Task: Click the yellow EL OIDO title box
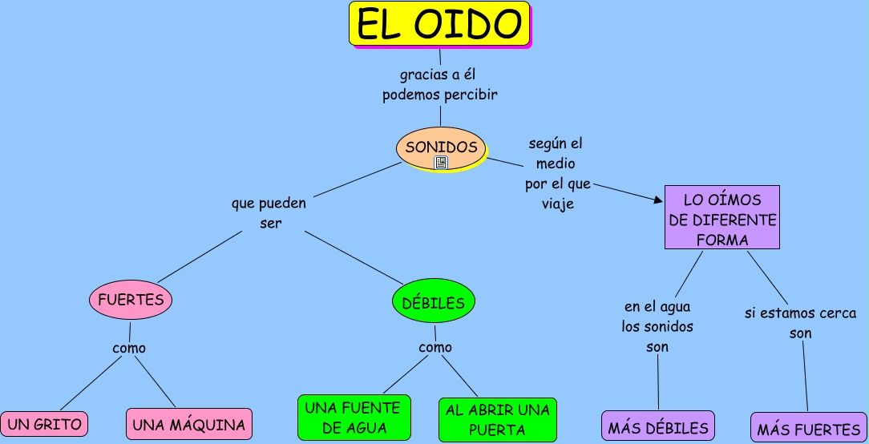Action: [439, 23]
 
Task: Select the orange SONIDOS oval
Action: [441, 147]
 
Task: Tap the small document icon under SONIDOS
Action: [441, 163]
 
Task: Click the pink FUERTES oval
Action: [131, 301]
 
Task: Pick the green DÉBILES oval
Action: [434, 303]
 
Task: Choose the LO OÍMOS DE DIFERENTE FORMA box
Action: [722, 218]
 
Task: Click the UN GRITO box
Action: [44, 425]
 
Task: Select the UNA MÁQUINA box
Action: [189, 425]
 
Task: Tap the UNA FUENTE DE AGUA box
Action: [354, 418]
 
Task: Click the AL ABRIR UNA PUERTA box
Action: [497, 420]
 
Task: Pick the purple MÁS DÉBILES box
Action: [658, 427]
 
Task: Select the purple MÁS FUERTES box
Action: [808, 429]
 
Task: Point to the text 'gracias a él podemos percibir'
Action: [440, 85]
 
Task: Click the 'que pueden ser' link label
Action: [269, 213]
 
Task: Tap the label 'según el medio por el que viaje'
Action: [557, 174]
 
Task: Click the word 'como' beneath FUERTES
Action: [129, 349]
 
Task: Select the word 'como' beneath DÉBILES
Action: [435, 348]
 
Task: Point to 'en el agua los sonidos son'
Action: [657, 326]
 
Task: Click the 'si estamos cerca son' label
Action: [800, 323]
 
